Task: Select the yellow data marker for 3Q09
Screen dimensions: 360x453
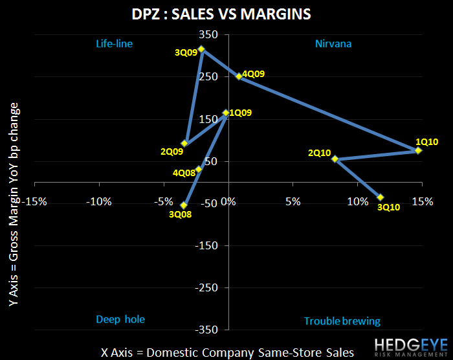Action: click(202, 49)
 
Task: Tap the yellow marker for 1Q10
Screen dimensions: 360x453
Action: click(418, 150)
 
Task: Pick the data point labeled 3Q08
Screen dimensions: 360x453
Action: click(184, 205)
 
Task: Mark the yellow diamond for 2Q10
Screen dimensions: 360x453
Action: click(335, 159)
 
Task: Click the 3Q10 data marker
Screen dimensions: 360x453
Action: click(381, 197)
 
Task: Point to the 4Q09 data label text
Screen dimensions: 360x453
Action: click(254, 74)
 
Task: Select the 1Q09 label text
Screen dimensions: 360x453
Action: click(241, 112)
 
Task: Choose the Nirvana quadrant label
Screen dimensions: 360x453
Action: click(333, 44)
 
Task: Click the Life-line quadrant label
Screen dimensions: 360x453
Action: click(118, 44)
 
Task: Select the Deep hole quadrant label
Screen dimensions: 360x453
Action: click(120, 319)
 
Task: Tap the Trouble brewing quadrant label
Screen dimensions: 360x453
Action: click(342, 321)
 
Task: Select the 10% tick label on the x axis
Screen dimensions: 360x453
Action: click(357, 201)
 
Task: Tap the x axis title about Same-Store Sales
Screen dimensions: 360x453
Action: click(227, 352)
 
